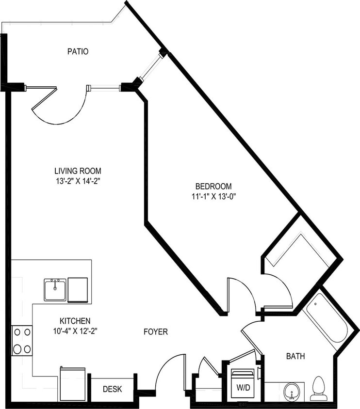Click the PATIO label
pos(78,51)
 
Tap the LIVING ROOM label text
pos(78,171)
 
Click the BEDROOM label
pos(213,186)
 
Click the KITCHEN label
pos(75,321)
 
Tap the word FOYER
pos(156,332)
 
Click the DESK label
pos(113,389)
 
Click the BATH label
pos(295,357)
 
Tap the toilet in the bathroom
pos(319,387)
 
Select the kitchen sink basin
pos(55,290)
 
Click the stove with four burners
pos(22,341)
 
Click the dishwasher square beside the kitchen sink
pos(78,290)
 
